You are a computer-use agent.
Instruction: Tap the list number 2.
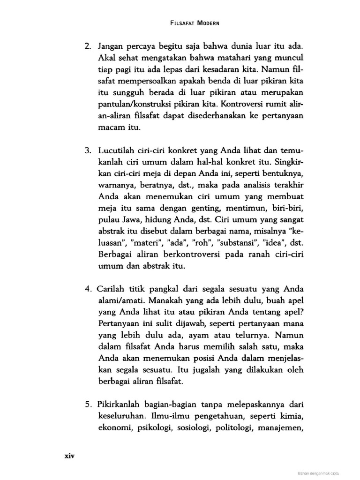point(88,47)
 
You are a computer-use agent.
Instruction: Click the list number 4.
point(88,288)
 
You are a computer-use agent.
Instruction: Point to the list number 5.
point(88,404)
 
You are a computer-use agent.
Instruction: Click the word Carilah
point(112,288)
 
